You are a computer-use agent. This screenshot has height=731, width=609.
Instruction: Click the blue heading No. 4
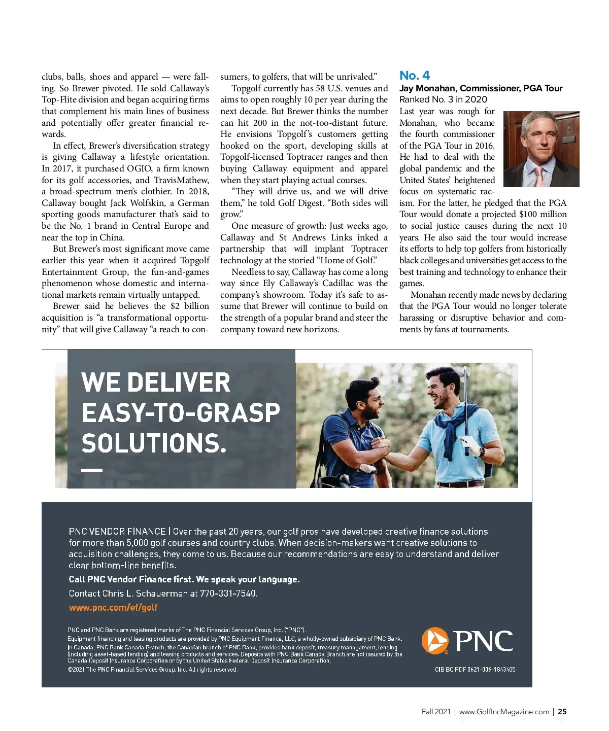(414, 76)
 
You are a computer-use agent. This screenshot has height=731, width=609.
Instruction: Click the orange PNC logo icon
(435, 641)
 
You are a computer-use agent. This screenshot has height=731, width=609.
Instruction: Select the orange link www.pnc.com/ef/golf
(113, 607)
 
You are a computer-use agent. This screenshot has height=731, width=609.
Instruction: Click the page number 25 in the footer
(562, 712)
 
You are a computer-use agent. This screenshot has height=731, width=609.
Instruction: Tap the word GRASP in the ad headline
(238, 413)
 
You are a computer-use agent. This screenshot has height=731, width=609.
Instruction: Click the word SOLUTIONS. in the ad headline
(154, 443)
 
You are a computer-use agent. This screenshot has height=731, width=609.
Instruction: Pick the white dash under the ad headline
(92, 470)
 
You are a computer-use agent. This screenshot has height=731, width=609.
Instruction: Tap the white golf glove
(471, 446)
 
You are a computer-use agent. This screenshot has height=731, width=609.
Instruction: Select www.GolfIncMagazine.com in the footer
(504, 712)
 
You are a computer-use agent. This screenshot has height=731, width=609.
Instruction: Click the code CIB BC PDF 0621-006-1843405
(475, 670)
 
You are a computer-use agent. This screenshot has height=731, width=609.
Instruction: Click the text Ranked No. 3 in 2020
(443, 99)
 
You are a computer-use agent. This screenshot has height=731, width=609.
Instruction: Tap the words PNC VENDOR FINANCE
(117, 532)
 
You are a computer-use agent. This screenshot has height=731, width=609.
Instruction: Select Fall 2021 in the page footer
(436, 712)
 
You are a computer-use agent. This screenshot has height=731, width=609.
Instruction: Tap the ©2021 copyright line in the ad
(152, 670)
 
